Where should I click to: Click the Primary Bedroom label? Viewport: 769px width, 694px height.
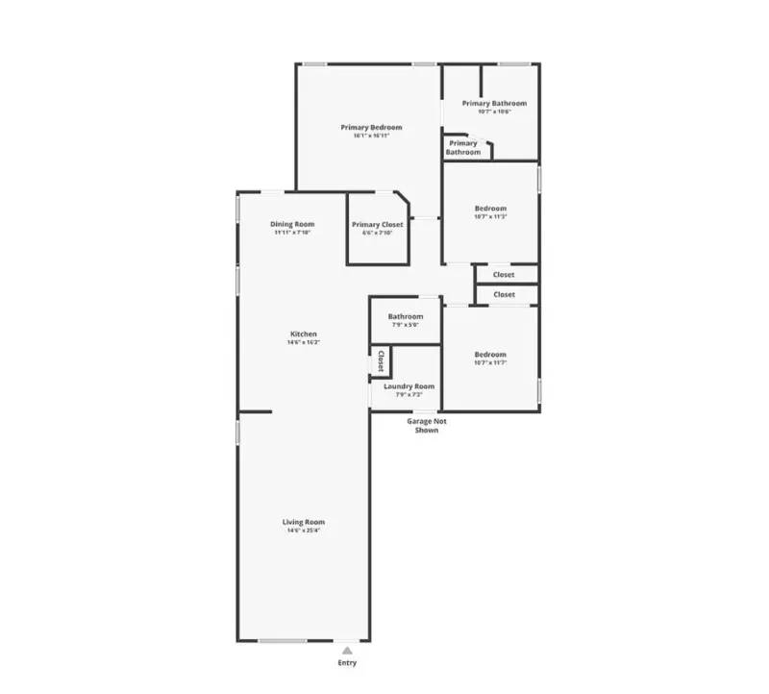[371, 127]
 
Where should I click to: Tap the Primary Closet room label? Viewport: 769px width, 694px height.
[378, 224]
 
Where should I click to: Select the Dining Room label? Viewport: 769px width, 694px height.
[292, 224]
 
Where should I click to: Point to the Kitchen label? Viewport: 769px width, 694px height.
[304, 335]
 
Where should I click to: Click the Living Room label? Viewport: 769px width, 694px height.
[303, 522]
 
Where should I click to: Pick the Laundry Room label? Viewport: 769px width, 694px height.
[409, 386]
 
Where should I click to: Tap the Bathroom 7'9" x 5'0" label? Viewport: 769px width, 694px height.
[406, 316]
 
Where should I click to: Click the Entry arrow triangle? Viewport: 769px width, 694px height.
[347, 651]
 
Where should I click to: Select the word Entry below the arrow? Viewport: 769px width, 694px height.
[347, 663]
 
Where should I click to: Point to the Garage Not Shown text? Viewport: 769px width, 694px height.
[427, 425]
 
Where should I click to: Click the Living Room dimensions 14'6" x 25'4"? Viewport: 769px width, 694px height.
[303, 531]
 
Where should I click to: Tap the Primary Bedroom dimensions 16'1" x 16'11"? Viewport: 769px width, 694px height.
[371, 136]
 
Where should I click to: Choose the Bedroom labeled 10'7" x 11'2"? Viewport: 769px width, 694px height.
[490, 209]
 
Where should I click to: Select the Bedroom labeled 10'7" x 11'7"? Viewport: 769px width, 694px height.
[490, 355]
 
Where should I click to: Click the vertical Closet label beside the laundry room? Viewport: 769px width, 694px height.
[381, 361]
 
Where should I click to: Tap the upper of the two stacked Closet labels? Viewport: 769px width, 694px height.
[504, 275]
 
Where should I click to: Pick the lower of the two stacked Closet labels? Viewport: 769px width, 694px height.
[504, 295]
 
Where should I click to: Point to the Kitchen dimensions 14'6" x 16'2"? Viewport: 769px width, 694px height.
[304, 343]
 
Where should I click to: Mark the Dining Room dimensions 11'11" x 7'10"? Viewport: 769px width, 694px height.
[292, 233]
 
